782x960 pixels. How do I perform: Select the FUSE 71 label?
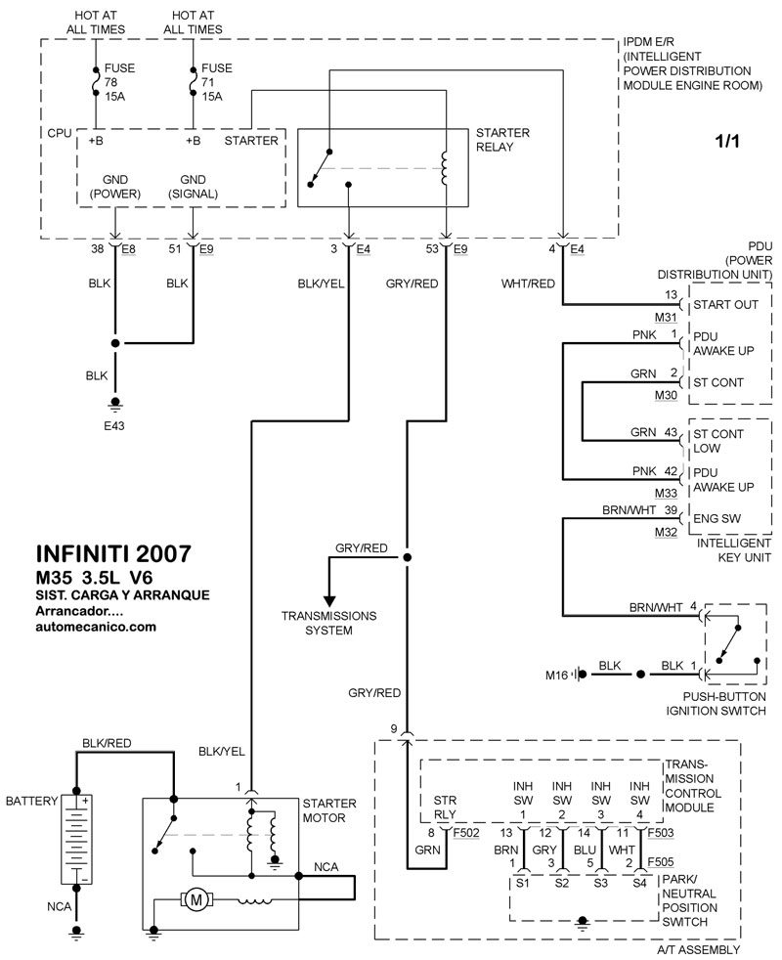pos(213,83)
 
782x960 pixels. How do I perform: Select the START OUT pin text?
pos(731,305)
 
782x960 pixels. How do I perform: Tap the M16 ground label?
pos(557,674)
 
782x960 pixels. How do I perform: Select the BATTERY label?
pos(31,801)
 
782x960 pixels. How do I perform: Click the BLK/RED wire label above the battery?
pos(108,742)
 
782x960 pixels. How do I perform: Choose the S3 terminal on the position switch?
pos(600,883)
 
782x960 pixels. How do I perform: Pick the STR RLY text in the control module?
pos(446,807)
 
